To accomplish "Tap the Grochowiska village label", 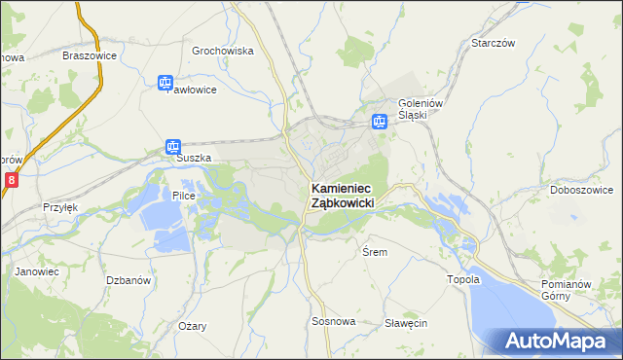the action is (x=223, y=51).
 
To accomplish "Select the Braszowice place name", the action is (x=90, y=55).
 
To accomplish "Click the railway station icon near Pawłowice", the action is (x=165, y=84).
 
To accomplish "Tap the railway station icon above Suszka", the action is (x=172, y=147).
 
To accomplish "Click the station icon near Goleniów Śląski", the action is (x=379, y=122).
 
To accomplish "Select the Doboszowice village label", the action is (x=579, y=190).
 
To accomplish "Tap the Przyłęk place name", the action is (x=59, y=207).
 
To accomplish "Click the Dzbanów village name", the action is (x=128, y=279).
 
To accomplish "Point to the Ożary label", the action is (x=192, y=326).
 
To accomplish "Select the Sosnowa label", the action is (x=334, y=321).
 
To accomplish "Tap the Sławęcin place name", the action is (x=406, y=323).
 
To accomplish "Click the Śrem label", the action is (x=375, y=252).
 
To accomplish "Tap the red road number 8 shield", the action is (x=11, y=180).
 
